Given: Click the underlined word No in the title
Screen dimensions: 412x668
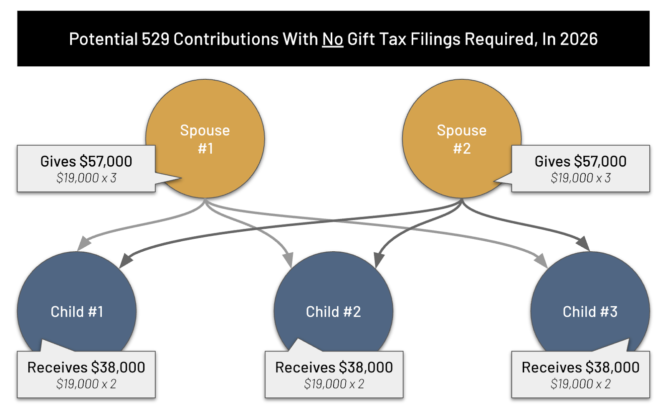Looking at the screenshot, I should point(332,39).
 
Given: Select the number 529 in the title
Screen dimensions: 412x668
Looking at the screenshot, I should point(155,39).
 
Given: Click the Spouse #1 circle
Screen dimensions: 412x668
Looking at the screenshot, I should point(205,125).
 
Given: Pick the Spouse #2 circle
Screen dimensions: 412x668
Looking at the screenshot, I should point(461,125).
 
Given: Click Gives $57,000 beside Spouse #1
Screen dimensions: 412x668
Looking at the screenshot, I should point(86,162).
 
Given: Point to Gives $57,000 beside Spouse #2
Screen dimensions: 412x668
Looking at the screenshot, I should point(580,162).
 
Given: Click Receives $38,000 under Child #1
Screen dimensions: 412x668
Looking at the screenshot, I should point(86,367).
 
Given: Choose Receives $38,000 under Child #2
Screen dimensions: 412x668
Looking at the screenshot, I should point(334,367).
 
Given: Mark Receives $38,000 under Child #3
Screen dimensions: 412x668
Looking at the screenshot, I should point(580,367).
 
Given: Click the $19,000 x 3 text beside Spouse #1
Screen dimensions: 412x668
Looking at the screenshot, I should point(86,178).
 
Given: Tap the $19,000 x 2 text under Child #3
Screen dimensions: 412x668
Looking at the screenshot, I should point(580,384).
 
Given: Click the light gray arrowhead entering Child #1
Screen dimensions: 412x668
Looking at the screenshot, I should point(84,243).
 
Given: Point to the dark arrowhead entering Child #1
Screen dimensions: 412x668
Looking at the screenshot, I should point(126,260).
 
